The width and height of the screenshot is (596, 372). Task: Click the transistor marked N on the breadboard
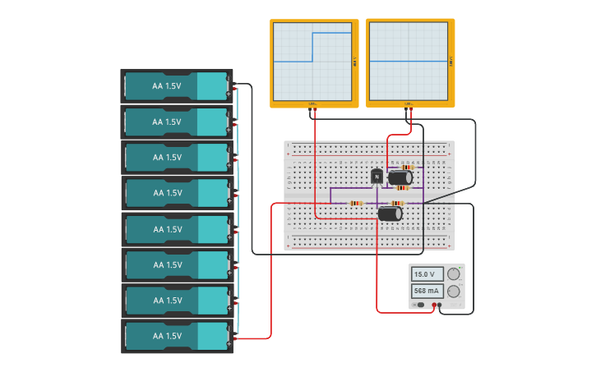(x=377, y=176)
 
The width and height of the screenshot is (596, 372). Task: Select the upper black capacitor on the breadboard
(x=400, y=177)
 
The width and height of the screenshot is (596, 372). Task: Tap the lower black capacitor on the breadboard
(x=390, y=214)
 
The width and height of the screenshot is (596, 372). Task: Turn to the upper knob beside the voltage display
(x=453, y=274)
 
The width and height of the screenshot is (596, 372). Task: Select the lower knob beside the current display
(x=453, y=291)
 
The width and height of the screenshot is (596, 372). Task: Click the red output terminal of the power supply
(x=434, y=305)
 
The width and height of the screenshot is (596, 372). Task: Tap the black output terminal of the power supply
(x=440, y=305)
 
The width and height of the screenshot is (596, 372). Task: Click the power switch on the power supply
(x=420, y=305)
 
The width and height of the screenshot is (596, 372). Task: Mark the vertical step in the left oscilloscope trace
(x=312, y=47)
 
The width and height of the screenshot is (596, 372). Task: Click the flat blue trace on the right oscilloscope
(x=409, y=62)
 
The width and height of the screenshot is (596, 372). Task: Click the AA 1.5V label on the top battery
(x=166, y=85)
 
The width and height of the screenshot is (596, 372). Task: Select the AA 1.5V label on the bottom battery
(x=166, y=336)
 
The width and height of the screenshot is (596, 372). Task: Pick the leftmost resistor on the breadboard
(x=356, y=203)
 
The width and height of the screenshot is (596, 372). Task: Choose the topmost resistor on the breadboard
(x=407, y=167)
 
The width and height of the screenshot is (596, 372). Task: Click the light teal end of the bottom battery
(x=212, y=336)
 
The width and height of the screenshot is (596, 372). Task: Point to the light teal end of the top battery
(x=212, y=85)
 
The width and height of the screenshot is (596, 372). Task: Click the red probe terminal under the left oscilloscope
(x=312, y=107)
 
